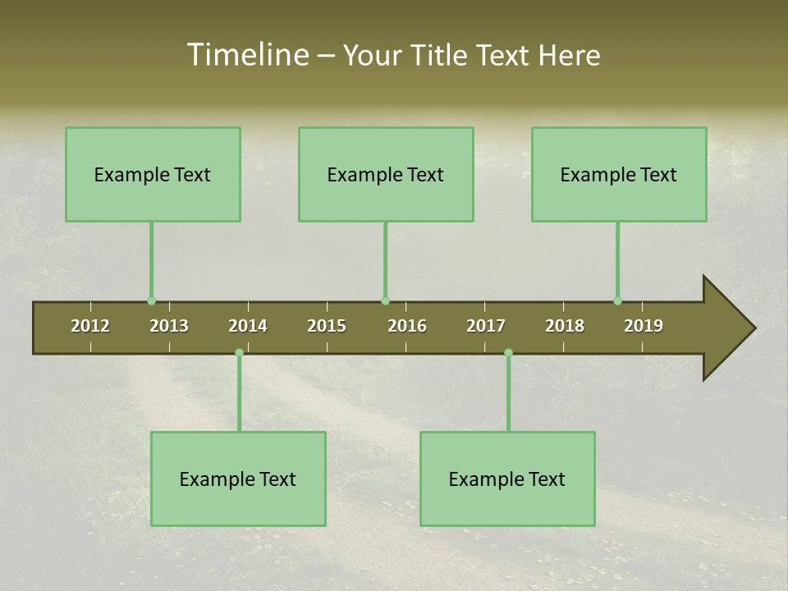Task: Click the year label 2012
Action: coord(90,326)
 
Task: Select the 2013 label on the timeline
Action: coord(169,326)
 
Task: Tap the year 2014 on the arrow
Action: coord(248,326)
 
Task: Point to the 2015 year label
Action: coord(327,326)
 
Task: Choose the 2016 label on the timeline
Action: coord(407,326)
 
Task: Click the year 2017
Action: coord(486,326)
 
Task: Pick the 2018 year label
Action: coord(565,326)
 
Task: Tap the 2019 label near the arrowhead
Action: coord(644,326)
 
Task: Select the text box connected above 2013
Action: coord(153,174)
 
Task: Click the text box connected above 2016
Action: coord(386,174)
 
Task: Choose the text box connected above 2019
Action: coord(619,174)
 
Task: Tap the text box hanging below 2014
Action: coord(238,479)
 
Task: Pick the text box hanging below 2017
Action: coord(507,479)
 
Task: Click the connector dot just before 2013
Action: coord(151,301)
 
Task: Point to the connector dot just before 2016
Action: coord(385,301)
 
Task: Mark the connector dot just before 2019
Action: coord(617,301)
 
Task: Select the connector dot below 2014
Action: coord(239,353)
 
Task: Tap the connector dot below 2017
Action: coord(508,353)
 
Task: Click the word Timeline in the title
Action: coord(246,55)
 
